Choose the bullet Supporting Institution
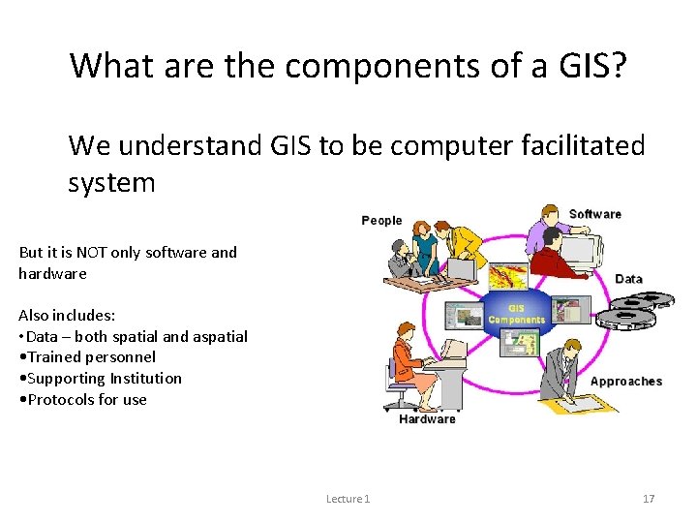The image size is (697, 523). (100, 378)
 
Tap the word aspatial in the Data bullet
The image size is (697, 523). (219, 336)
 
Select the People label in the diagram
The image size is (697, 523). (381, 220)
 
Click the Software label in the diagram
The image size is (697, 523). (594, 214)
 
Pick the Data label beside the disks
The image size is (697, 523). (628, 279)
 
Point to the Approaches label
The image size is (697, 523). (625, 381)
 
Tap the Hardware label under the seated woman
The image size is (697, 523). (427, 418)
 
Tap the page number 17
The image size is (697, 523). (649, 498)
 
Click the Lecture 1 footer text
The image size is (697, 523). (348, 498)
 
